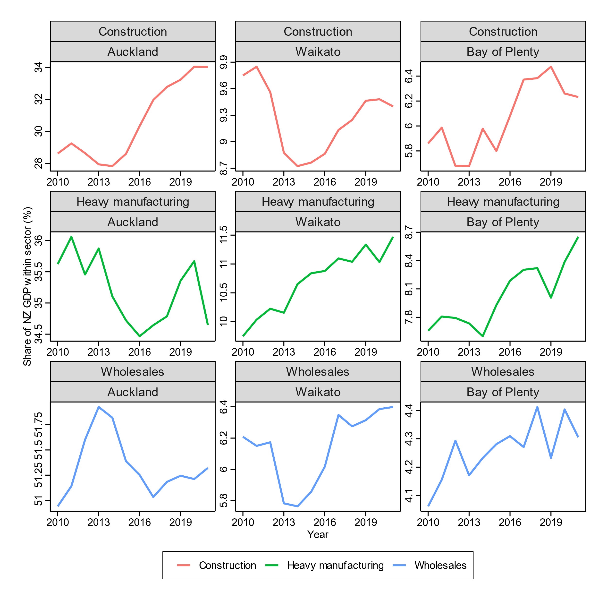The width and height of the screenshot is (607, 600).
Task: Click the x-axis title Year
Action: point(318,534)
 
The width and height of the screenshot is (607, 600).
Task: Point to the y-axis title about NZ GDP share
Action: point(28,286)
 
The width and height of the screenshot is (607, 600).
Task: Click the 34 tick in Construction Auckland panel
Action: point(39,68)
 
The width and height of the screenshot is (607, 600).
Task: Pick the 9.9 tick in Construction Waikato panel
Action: point(224,62)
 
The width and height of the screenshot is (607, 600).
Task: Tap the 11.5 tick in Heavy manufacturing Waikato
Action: point(224,235)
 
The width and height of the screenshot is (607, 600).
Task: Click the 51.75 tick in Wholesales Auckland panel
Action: point(39,425)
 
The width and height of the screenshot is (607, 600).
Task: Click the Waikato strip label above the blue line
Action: point(318,392)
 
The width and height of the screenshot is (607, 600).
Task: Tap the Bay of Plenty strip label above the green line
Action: point(503,222)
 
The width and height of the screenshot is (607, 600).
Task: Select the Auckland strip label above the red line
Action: point(133,51)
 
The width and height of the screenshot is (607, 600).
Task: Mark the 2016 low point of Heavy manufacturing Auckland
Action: point(140,336)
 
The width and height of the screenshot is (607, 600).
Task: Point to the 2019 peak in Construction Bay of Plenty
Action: point(551,67)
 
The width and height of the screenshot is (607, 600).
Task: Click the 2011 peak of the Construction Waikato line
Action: point(256,67)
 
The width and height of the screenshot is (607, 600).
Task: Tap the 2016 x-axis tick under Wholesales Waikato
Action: point(325,522)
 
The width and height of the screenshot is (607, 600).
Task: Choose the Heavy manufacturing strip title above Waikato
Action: point(318,201)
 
